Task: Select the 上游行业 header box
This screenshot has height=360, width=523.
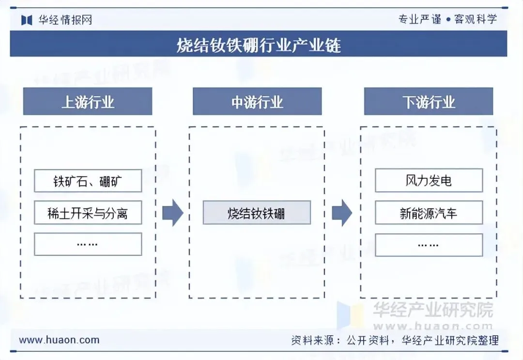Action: tap(88, 102)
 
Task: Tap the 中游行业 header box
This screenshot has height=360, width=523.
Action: tap(257, 102)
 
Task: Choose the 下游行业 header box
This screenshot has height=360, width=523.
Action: tap(429, 102)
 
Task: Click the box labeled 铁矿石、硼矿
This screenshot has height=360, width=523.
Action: tap(88, 181)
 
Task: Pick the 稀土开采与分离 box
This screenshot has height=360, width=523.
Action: tap(88, 213)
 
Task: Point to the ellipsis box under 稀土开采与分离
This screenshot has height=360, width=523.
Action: tap(88, 244)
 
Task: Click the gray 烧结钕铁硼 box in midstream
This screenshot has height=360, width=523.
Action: tap(257, 213)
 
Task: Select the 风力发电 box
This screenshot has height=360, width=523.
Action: tap(429, 181)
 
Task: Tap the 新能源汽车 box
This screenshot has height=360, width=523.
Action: tap(429, 213)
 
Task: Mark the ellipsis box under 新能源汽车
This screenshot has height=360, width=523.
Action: tap(429, 245)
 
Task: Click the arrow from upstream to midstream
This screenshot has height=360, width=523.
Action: tap(172, 213)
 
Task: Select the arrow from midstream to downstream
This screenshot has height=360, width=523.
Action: tap(342, 213)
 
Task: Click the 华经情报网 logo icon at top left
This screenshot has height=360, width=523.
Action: tap(27, 20)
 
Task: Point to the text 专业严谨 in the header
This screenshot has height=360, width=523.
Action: tap(420, 19)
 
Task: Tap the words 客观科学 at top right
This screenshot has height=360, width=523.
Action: tap(476, 19)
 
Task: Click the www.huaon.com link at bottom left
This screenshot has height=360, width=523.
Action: tap(59, 340)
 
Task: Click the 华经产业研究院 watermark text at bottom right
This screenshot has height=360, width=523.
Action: tap(432, 309)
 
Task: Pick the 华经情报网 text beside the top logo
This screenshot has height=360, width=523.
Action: tap(64, 20)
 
